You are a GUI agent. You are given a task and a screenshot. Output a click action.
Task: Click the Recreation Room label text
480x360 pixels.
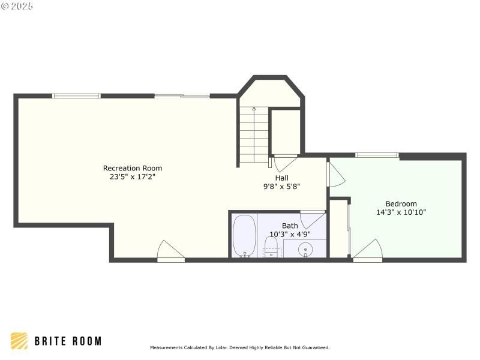pos(133,168)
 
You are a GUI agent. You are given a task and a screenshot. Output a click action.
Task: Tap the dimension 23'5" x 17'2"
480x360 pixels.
pos(133,177)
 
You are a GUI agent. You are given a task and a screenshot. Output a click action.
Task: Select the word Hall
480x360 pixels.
pos(282,178)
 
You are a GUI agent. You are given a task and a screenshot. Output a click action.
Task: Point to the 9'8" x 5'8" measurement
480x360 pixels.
pos(282,187)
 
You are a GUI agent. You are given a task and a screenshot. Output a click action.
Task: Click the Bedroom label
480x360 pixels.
pos(401,203)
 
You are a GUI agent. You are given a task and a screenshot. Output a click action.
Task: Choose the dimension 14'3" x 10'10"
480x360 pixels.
pos(401,212)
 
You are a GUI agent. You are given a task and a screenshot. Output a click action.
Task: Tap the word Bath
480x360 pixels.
pos(290,226)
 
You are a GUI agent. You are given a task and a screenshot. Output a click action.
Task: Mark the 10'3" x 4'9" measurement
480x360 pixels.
pos(290,234)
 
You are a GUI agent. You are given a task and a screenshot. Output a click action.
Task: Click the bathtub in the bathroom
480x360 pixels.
pos(244,236)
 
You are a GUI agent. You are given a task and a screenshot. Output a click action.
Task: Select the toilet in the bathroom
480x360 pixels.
pos(271,246)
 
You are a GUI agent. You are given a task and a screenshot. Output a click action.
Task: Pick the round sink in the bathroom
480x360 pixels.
pos(306,248)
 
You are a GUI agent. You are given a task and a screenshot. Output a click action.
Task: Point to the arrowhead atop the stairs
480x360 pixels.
pos(254,109)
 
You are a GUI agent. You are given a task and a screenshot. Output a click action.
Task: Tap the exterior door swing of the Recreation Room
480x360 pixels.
pos(170,251)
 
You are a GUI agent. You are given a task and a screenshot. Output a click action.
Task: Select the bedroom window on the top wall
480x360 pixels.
pos(377,155)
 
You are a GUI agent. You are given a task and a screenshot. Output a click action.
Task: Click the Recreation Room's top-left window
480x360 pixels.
pos(76,95)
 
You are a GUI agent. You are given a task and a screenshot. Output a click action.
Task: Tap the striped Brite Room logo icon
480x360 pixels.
pos(19,341)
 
